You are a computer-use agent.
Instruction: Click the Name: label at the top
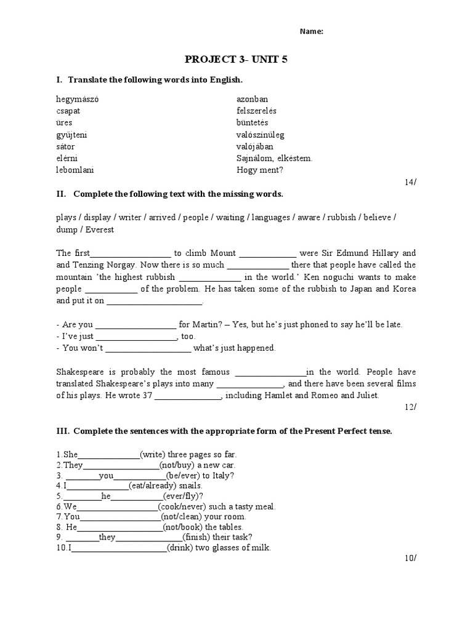point(312,32)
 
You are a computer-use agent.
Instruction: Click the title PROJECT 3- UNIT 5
point(236,60)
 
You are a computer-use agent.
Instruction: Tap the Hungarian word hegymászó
point(77,99)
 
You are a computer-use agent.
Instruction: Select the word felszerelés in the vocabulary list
point(256,111)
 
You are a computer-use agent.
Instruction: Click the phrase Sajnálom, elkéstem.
point(275,158)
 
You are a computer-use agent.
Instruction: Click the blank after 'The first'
point(131,253)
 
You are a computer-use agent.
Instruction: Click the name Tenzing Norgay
point(103,265)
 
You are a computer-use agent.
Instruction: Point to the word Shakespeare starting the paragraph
point(80,372)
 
